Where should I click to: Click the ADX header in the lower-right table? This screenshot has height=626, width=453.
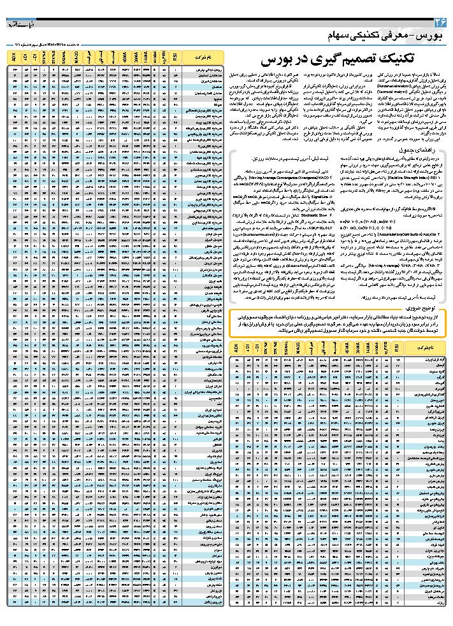tap(238, 349)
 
